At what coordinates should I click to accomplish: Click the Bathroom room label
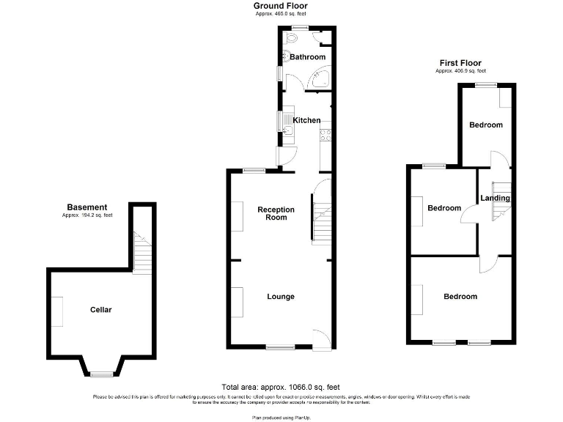coord(307,57)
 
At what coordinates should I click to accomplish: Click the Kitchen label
coord(306,120)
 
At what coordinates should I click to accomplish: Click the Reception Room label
coord(276,213)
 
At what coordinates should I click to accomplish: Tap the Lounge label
coord(280,297)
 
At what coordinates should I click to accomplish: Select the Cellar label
coord(100,310)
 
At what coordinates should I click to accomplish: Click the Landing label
coord(495,198)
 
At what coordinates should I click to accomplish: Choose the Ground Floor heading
coord(281,6)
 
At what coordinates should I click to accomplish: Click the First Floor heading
coord(460,63)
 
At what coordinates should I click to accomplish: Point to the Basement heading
coord(87,207)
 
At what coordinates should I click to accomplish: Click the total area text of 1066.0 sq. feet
coord(280,387)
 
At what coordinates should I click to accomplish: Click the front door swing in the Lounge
coord(320,339)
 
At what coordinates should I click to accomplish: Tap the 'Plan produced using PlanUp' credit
coord(281,416)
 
